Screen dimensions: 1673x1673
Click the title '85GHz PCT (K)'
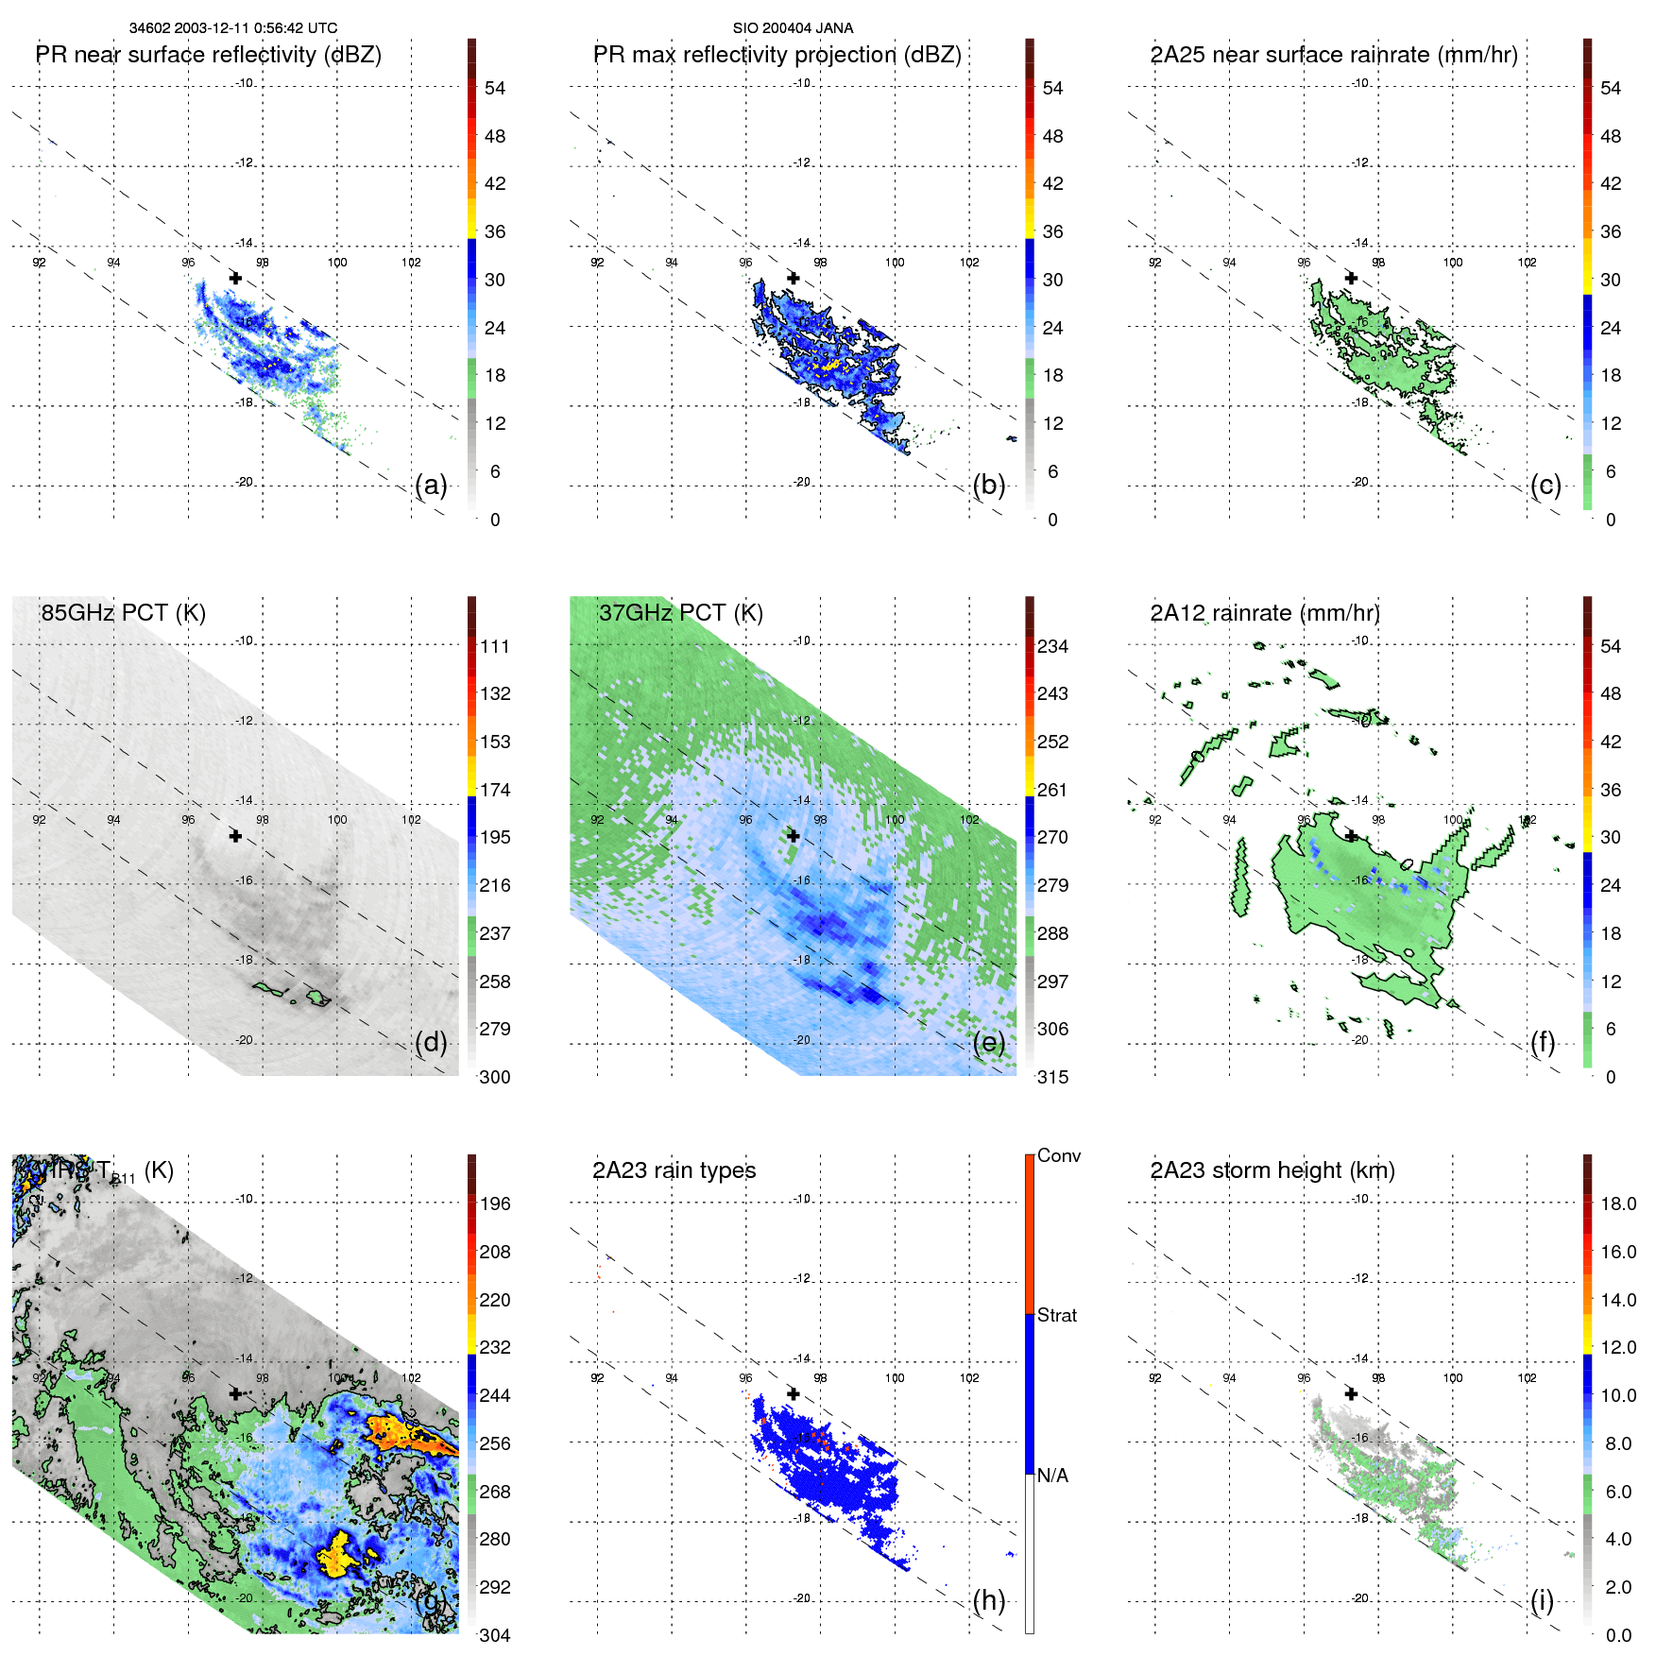123,613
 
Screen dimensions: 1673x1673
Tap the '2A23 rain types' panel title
674,1170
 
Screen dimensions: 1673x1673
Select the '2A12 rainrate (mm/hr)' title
1264,613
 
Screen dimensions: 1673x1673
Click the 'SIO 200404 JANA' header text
793,28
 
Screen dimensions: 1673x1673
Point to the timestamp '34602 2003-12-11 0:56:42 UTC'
232,28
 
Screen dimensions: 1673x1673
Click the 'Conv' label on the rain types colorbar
1058,1156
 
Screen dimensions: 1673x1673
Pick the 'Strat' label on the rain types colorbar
1056,1315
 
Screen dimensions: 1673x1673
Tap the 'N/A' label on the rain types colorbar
1052,1476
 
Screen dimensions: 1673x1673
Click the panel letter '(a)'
431,486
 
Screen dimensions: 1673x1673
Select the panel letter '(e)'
988,1043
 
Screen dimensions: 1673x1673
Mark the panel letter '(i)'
1542,1600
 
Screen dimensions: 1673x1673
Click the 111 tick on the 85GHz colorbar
495,647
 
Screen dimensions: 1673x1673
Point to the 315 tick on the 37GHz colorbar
1052,1077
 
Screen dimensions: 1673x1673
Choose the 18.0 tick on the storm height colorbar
1617,1204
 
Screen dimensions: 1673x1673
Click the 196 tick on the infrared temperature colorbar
495,1204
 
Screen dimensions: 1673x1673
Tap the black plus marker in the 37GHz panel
794,836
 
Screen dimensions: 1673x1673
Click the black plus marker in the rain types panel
794,1393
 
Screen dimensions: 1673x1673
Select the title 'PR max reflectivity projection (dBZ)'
777,55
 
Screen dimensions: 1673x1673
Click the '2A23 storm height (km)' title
1272,1170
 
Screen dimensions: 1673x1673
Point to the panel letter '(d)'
431,1043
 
